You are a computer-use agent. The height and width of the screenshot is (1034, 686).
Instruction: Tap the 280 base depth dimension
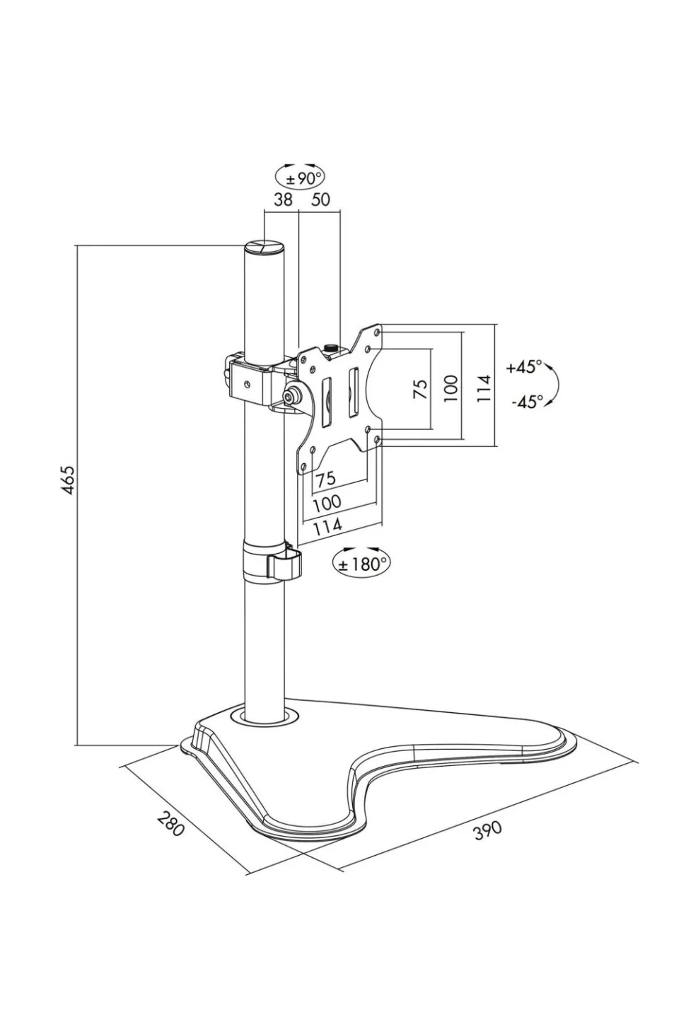click(170, 824)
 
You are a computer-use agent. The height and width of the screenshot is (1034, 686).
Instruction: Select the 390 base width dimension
click(487, 829)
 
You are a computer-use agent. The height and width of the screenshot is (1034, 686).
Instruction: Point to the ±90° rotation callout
click(300, 178)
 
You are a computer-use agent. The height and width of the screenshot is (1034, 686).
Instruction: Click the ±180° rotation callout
click(361, 563)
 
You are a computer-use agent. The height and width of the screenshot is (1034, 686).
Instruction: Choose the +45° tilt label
click(524, 367)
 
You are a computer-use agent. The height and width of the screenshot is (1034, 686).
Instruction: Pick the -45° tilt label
click(527, 402)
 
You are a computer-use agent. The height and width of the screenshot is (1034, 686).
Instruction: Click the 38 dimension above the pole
click(283, 199)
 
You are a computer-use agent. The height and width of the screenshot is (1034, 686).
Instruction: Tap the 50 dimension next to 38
click(320, 199)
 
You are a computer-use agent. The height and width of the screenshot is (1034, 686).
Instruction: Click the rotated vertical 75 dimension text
click(420, 388)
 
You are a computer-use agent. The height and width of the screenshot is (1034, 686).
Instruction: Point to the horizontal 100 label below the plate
click(326, 503)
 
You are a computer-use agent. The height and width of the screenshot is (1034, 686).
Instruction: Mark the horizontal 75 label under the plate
click(325, 479)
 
